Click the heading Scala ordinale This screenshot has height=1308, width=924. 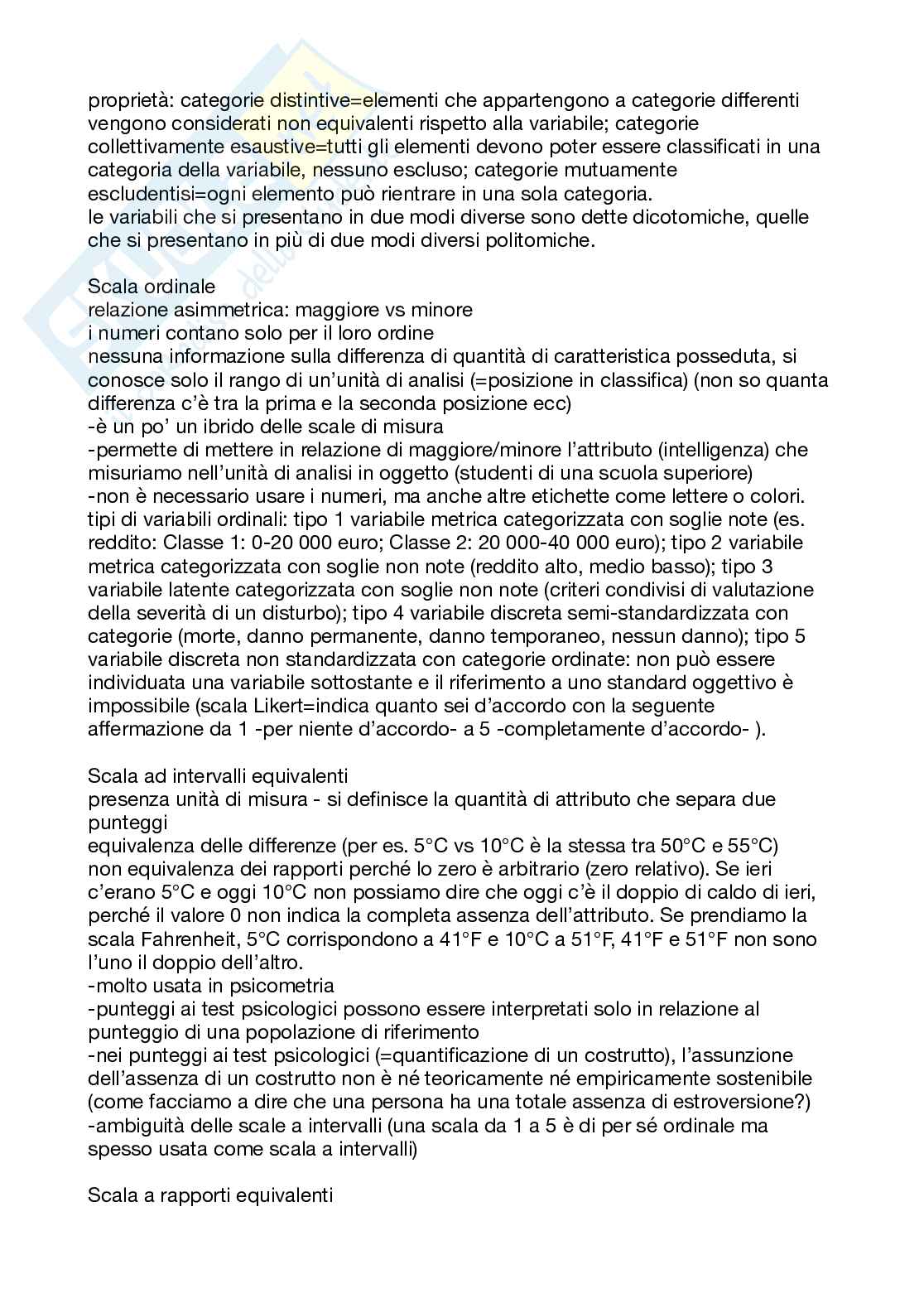point(152,287)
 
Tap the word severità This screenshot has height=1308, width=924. point(184,612)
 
